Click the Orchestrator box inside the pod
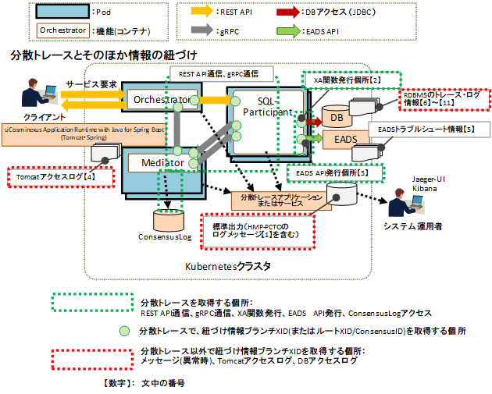pyautogui.click(x=161, y=100)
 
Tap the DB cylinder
pyautogui.click(x=337, y=118)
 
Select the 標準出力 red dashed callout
pyautogui.click(x=258, y=229)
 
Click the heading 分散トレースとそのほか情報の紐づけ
pyautogui.click(x=103, y=55)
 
